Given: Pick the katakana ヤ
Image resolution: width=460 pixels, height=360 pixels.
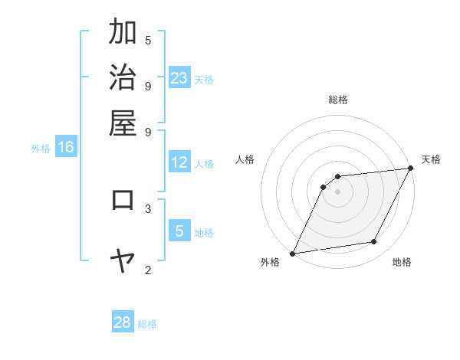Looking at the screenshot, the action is pyautogui.click(x=123, y=261).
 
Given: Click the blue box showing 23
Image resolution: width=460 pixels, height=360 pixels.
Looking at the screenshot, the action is pyautogui.click(x=179, y=77).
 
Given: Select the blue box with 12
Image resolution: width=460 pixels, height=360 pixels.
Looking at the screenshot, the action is pyautogui.click(x=179, y=162).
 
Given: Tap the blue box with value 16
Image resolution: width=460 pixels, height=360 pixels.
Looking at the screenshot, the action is pyautogui.click(x=66, y=147).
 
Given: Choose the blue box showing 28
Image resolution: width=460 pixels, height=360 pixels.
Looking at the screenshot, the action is pyautogui.click(x=123, y=322).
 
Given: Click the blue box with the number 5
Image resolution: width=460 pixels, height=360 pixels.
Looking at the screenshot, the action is pyautogui.click(x=179, y=231).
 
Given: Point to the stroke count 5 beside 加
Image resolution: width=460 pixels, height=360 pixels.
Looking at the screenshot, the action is pyautogui.click(x=148, y=39).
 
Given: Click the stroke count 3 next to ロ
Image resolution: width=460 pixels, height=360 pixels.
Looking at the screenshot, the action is pyautogui.click(x=148, y=208).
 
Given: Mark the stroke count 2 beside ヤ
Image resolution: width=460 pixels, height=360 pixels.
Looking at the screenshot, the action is pyautogui.click(x=148, y=270).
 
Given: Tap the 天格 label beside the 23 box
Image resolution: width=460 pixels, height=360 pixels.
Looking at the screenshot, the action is pyautogui.click(x=204, y=79).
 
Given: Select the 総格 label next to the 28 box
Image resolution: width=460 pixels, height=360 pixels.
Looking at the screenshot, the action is pyautogui.click(x=147, y=324).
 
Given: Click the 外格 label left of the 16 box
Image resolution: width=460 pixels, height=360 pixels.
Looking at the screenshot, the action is pyautogui.click(x=40, y=149).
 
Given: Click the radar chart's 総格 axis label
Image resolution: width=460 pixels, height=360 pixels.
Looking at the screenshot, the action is pyautogui.click(x=338, y=100).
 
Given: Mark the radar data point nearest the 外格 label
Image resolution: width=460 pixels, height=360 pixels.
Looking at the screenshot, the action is pyautogui.click(x=292, y=253).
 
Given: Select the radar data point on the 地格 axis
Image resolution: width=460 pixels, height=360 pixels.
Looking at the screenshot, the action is pyautogui.click(x=374, y=242).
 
